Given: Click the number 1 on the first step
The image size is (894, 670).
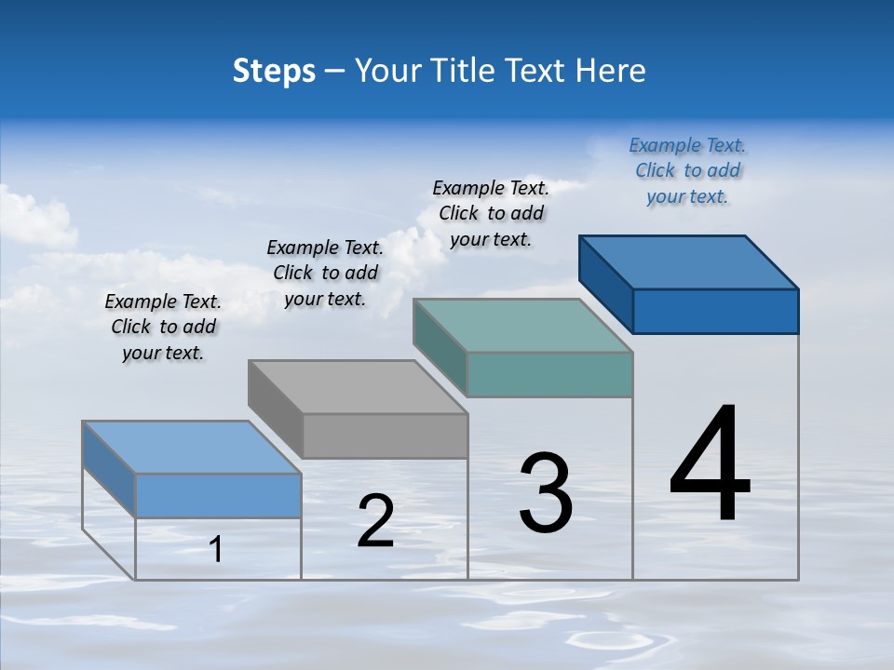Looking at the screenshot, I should (x=216, y=550).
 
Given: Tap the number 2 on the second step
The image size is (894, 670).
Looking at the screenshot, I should (x=375, y=521).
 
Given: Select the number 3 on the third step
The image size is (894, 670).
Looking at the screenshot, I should (x=546, y=493).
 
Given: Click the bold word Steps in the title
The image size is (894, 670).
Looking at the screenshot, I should (x=274, y=71).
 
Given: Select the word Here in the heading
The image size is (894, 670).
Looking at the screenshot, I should (x=611, y=71).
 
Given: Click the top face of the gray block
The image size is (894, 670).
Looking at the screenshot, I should (x=359, y=386).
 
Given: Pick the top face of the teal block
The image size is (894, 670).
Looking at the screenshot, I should (x=523, y=326).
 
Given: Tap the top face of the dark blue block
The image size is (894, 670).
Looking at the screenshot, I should (x=689, y=261).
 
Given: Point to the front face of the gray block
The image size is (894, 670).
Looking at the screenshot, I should (x=386, y=435).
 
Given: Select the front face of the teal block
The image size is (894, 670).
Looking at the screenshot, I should (x=549, y=374).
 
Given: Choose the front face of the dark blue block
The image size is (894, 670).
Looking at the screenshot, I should (x=715, y=311).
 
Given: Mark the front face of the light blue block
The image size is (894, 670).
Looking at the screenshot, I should (x=218, y=495).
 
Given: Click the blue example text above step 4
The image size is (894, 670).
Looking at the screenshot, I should (x=687, y=170).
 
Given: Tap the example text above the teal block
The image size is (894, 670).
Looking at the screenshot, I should (x=491, y=213).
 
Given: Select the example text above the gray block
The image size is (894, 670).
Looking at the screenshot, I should (x=325, y=273).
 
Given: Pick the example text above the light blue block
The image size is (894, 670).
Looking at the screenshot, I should (x=163, y=327).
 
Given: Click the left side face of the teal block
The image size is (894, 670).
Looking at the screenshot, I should (x=440, y=346).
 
